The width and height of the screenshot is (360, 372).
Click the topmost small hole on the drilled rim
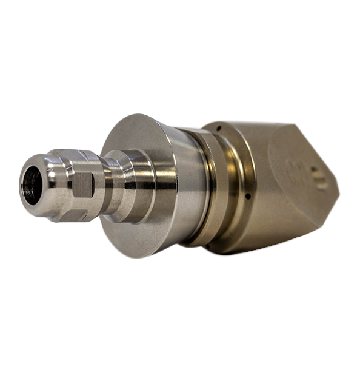pyautogui.click(x=218, y=128)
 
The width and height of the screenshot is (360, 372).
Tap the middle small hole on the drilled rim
pyautogui.click(x=248, y=196)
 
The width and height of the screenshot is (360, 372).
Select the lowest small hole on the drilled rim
pyautogui.click(x=209, y=246)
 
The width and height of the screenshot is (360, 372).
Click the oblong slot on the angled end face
pyautogui.click(x=319, y=178)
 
